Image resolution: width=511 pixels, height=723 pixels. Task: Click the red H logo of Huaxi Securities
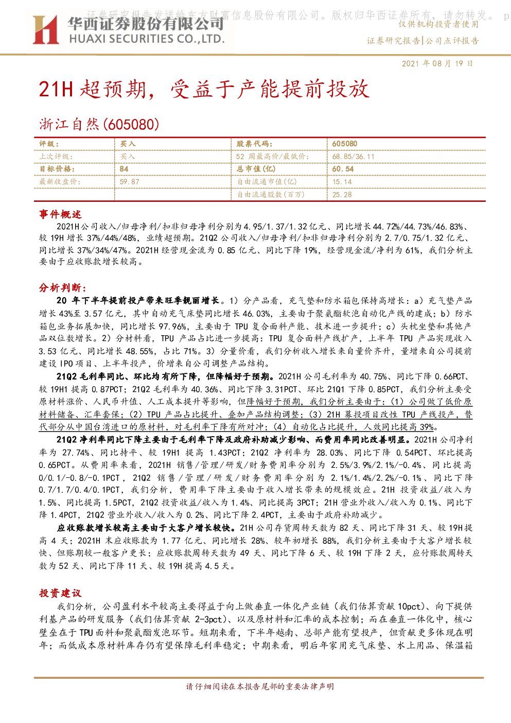tap(45, 29)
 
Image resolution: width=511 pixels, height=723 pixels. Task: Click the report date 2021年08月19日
tap(437, 63)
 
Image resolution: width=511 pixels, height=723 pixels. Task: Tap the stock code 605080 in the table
tap(345, 144)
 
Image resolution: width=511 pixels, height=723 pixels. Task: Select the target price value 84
tap(124, 169)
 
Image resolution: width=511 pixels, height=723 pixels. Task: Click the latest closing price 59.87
tap(129, 182)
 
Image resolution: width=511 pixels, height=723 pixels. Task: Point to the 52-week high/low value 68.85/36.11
tap(353, 157)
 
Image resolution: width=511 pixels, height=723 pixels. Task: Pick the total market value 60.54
tap(343, 169)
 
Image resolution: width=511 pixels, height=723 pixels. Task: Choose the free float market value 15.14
tap(342, 182)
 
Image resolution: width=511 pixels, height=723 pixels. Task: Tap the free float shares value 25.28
tap(342, 195)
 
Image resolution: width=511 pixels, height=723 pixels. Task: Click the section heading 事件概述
tap(60, 214)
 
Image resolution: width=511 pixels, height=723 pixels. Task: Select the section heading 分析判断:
tap(63, 287)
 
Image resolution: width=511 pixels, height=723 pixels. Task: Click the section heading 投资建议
tap(60, 593)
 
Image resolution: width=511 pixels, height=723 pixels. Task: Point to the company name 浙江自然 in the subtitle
tap(69, 124)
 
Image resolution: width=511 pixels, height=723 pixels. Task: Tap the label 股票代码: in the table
tap(255, 144)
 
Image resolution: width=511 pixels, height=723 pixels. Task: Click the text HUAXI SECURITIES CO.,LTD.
tap(147, 39)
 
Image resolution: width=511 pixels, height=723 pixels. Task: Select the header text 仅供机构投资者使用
tap(438, 24)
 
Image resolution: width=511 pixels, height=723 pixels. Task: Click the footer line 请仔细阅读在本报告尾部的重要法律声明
tap(260, 686)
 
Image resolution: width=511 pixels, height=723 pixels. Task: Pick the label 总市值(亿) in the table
tap(256, 169)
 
